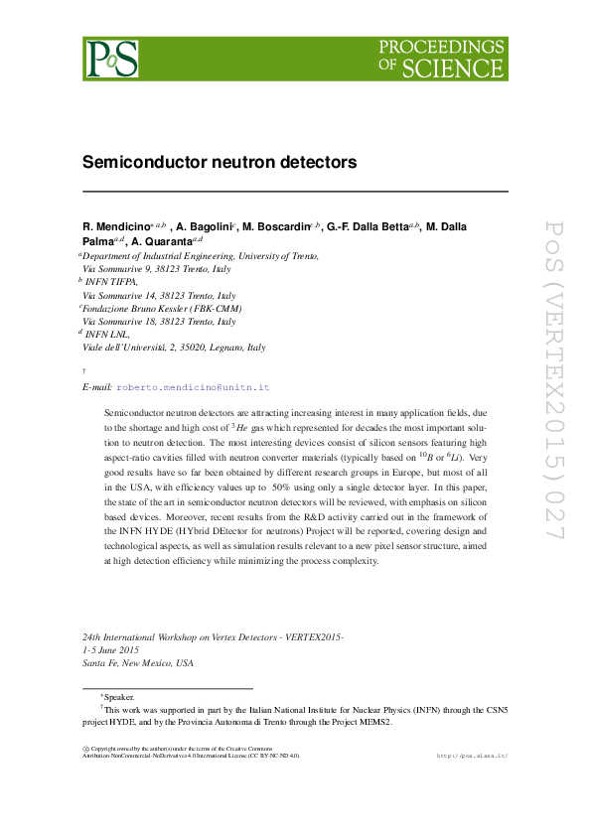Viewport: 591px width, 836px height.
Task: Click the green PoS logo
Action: pyautogui.click(x=110, y=59)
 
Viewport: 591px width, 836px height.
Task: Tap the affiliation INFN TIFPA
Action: pyautogui.click(x=112, y=282)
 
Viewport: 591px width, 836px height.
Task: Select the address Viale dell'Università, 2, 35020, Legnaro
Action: pyautogui.click(x=173, y=348)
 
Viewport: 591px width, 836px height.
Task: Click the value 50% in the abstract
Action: pyautogui.click(x=280, y=489)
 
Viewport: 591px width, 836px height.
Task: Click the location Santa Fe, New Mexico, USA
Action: pyautogui.click(x=138, y=662)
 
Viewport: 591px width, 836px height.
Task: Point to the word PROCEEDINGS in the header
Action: pyautogui.click(x=441, y=47)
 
